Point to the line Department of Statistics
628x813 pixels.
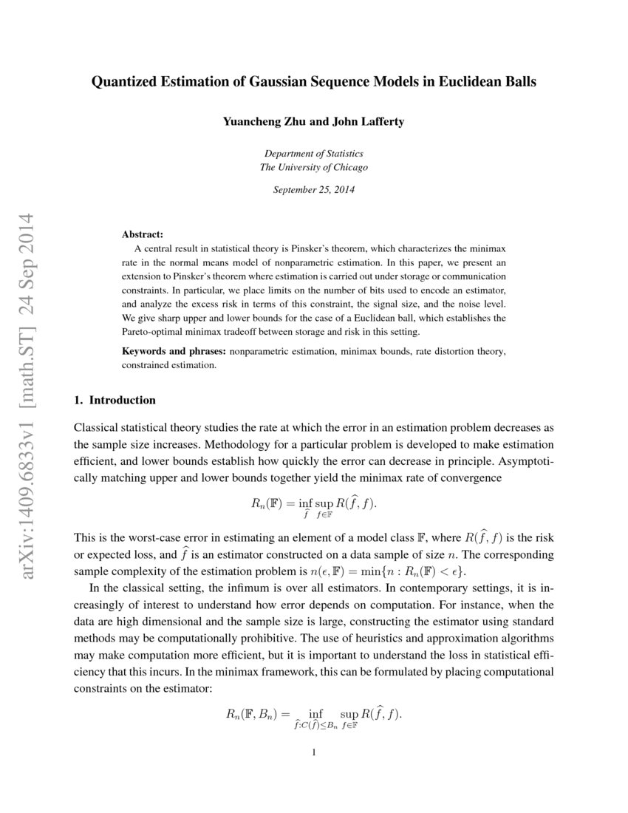(313, 154)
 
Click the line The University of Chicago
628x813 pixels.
(313, 167)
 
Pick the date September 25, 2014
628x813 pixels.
(313, 190)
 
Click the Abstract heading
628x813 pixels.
(143, 234)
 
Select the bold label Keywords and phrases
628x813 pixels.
(174, 352)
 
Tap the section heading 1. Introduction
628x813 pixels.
(115, 401)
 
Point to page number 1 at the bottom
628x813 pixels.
(314, 753)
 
